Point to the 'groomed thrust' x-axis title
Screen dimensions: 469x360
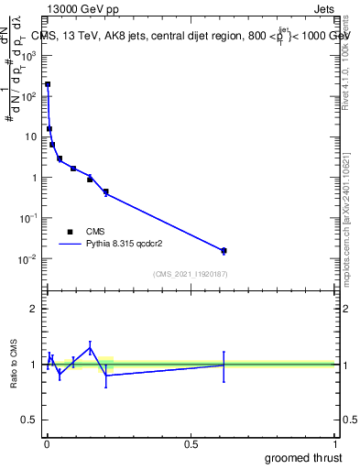point(304,456)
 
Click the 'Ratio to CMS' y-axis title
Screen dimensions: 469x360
point(14,365)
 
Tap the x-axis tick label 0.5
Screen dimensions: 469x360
point(191,444)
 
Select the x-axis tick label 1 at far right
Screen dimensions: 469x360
point(334,444)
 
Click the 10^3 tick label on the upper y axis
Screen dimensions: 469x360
point(29,55)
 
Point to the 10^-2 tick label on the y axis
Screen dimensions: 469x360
point(29,259)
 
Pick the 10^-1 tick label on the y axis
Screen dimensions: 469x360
point(29,218)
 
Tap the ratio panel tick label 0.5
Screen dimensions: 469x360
point(29,420)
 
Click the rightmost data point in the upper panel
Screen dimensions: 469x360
point(224,250)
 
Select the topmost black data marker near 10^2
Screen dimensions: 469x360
point(48,84)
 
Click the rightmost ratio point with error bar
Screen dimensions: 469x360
point(224,365)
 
